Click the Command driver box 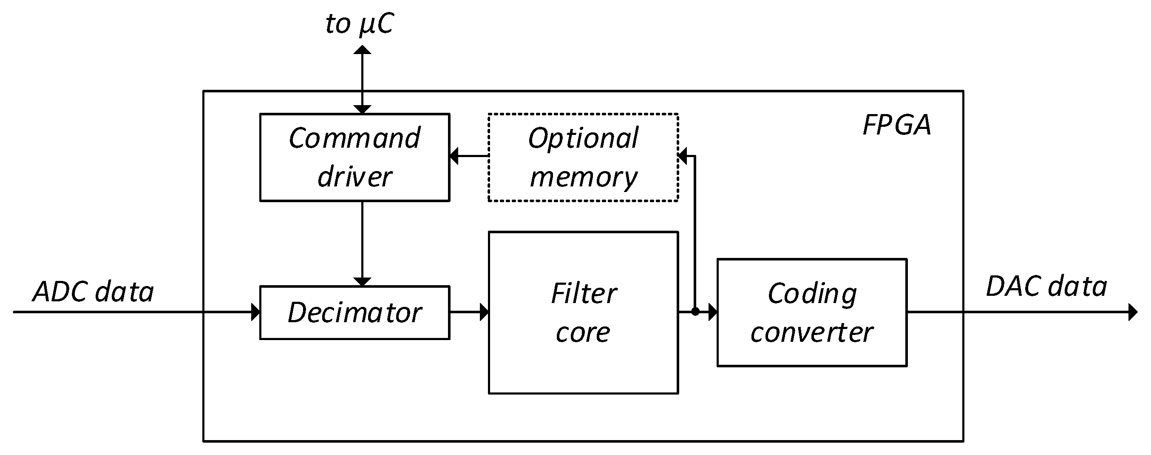click(354, 157)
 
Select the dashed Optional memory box click(583, 157)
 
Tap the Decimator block click(354, 312)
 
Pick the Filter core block click(583, 312)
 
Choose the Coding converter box click(812, 312)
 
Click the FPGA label click(896, 125)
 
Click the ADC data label click(94, 292)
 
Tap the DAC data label click(1046, 286)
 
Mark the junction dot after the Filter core click(695, 312)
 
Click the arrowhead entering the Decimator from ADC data click(255, 312)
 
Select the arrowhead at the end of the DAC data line click(1133, 312)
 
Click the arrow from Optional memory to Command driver click(469, 156)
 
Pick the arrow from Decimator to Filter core click(469, 312)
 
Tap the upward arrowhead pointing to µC click(362, 50)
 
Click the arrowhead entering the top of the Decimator click(362, 281)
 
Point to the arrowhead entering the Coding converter click(713, 312)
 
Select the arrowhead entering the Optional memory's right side click(682, 156)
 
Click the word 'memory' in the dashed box click(583, 177)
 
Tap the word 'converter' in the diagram click(812, 332)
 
